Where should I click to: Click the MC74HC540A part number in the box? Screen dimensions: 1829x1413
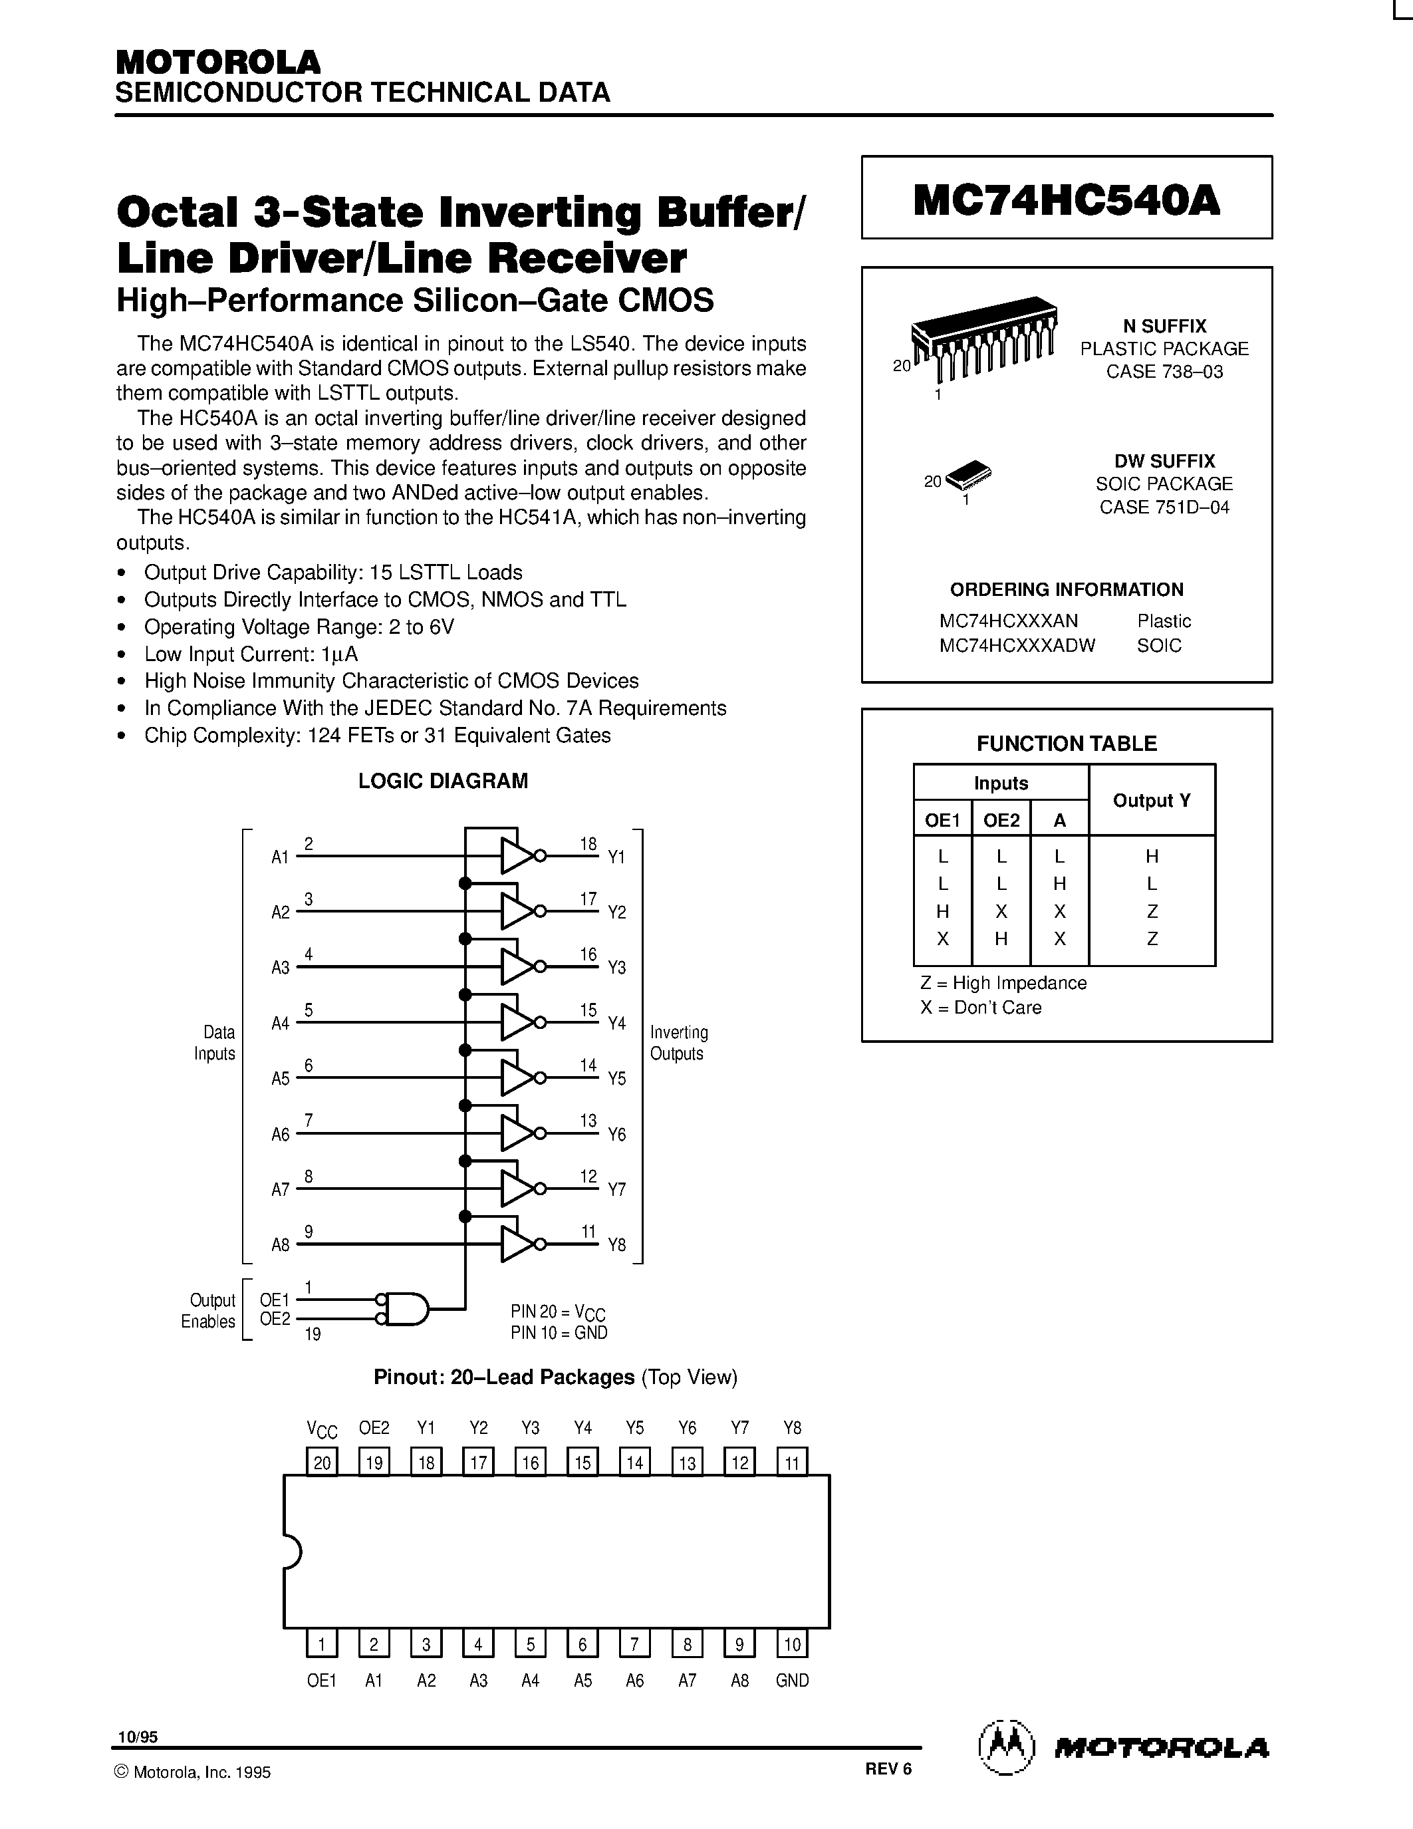tap(1066, 200)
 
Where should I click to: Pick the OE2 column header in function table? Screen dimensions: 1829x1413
tap(1001, 820)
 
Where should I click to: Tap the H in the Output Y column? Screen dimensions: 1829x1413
tap(1152, 856)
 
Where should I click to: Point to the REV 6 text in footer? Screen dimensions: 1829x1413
tap(888, 1768)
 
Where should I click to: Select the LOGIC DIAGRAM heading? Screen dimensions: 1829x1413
tap(443, 781)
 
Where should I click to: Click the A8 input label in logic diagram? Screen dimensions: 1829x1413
tap(281, 1245)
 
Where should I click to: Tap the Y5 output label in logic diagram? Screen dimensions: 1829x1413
tap(616, 1079)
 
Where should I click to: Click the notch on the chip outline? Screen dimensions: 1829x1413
tap(291, 1551)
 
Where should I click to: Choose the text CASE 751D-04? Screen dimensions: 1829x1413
tap(1164, 507)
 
